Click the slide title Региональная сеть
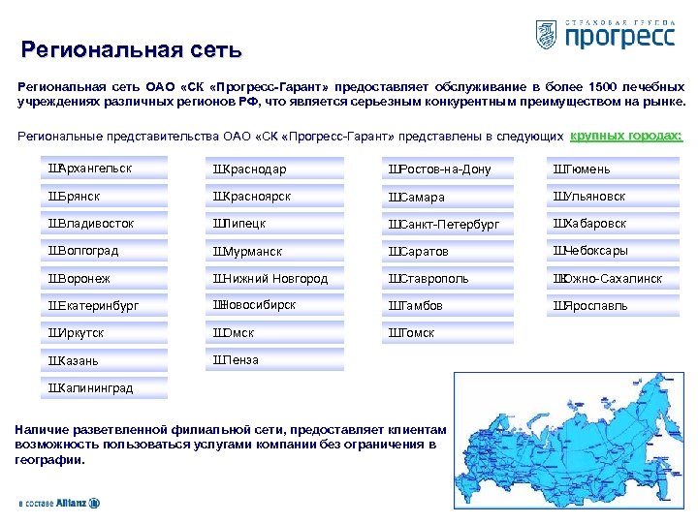coord(132,48)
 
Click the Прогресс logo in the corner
coord(605,35)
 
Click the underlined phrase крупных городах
coord(626,135)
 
